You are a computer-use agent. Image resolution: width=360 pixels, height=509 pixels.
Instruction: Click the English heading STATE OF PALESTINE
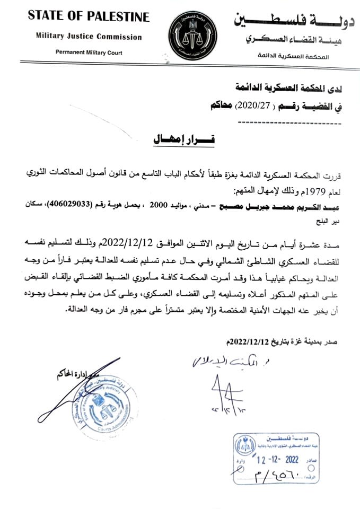[x=89, y=17]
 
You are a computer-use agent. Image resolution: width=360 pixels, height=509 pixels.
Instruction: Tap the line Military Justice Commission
[x=89, y=37]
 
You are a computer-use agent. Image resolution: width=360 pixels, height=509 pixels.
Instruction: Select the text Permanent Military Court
[x=89, y=52]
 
